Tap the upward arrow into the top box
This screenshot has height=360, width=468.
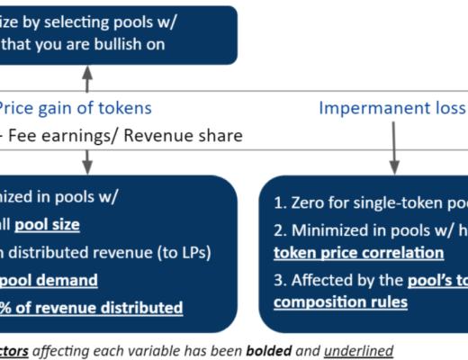[87, 78]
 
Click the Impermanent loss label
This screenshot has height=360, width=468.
[392, 109]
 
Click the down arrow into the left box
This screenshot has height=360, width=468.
[87, 160]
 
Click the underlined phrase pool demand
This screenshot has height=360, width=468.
[49, 280]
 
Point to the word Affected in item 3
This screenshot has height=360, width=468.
[323, 280]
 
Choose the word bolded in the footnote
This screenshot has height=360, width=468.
[271, 349]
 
